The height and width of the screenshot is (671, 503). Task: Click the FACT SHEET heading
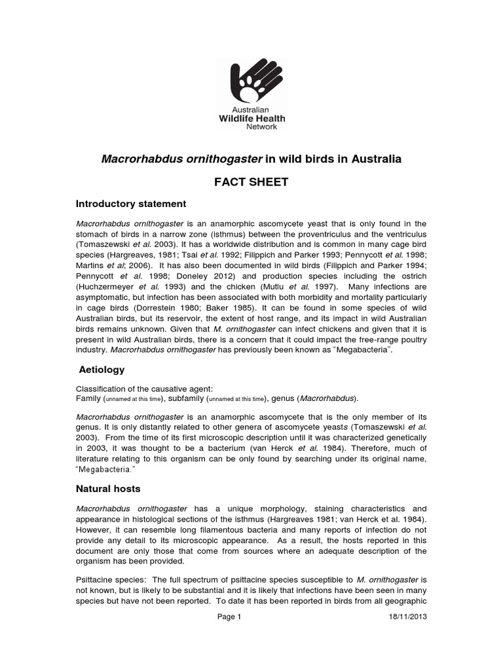251,182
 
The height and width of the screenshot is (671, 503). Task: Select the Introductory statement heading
131,204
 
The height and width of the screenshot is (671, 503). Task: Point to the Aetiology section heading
101,370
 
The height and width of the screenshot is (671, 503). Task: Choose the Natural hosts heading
109,489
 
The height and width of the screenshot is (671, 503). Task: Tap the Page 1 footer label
229,617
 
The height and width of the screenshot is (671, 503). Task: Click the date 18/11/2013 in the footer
405,617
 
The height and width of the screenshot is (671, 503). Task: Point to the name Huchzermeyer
108,286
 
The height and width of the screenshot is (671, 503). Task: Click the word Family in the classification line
88,398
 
